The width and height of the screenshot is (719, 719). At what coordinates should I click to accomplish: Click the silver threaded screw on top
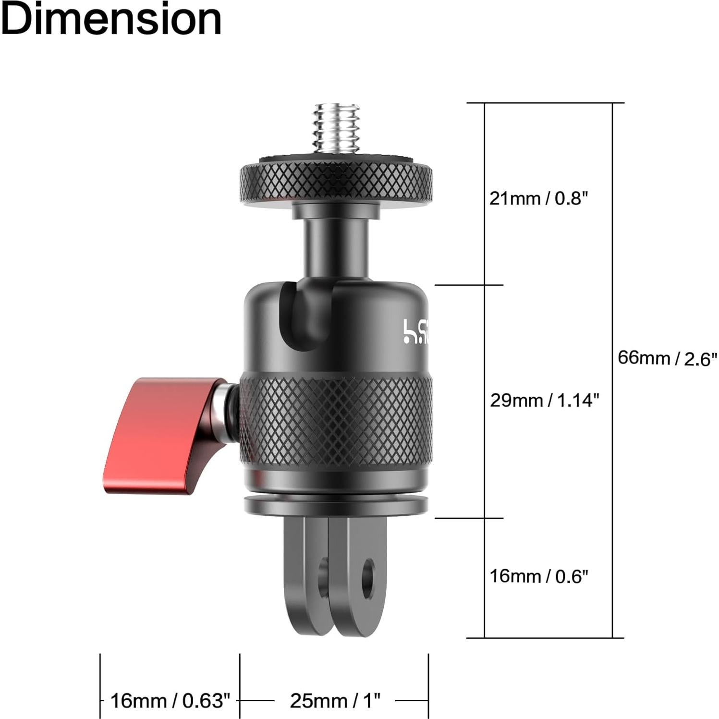click(336, 127)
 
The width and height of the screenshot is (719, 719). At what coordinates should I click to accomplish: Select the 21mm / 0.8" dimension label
click(538, 198)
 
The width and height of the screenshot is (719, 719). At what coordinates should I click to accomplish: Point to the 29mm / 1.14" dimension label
click(544, 400)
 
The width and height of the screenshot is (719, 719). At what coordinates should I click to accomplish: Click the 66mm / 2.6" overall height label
click(667, 358)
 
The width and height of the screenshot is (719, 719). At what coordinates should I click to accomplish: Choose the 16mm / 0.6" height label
click(538, 576)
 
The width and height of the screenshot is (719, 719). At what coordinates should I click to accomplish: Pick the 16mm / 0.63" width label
click(170, 701)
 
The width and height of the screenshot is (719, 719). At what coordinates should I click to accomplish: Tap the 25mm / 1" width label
click(335, 701)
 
